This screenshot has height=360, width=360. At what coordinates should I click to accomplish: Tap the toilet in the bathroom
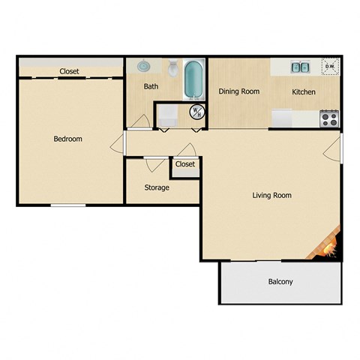tap(172, 70)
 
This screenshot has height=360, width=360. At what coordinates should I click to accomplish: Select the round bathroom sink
tap(144, 67)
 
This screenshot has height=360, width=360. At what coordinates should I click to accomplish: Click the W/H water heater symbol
tap(196, 112)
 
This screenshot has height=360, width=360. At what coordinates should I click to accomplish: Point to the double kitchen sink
tap(301, 67)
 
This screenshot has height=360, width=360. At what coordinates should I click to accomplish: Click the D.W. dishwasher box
tap(329, 67)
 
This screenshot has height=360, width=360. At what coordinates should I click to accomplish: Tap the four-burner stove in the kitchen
tap(328, 118)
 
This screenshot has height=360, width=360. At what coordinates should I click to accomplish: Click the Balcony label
tap(280, 282)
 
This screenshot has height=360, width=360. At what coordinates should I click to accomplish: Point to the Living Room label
tap(271, 196)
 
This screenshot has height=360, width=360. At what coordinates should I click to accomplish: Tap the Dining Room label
tap(238, 91)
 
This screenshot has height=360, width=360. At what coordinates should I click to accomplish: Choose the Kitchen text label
tap(303, 92)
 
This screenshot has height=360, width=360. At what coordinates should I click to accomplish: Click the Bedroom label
tap(67, 139)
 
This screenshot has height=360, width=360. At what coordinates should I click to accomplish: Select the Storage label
tap(157, 187)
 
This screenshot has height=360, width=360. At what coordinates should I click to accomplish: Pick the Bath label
tap(151, 86)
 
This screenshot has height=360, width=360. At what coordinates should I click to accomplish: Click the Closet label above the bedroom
tap(70, 72)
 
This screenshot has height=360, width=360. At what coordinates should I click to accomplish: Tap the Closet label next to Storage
tap(185, 164)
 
